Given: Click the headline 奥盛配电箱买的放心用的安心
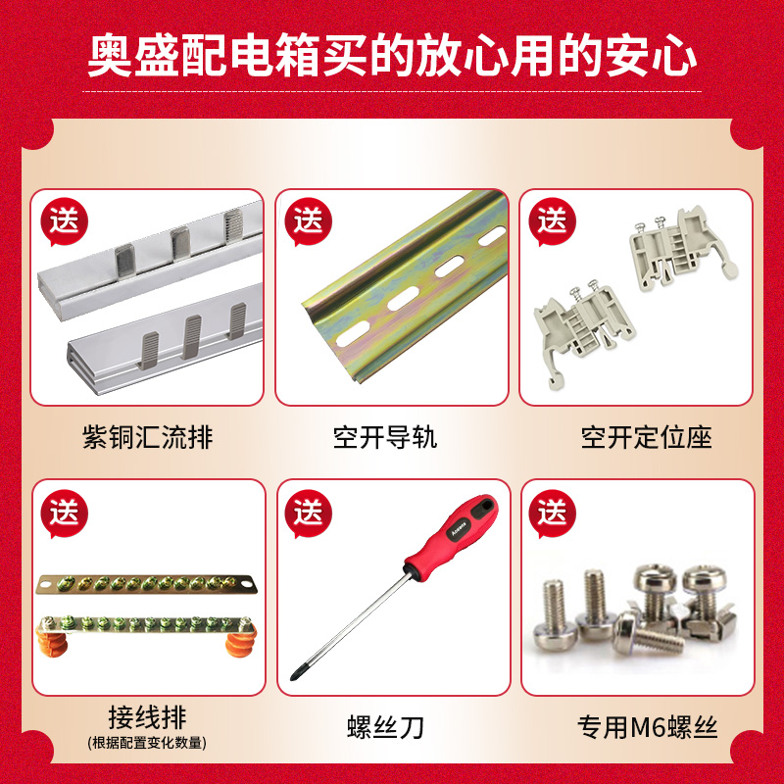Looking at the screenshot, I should click(392, 56).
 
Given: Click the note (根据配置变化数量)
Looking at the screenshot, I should click(147, 742).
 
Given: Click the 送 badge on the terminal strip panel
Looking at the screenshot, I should click(64, 512).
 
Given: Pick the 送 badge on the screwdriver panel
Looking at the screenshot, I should click(308, 512).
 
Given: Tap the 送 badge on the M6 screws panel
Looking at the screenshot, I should click(552, 512).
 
